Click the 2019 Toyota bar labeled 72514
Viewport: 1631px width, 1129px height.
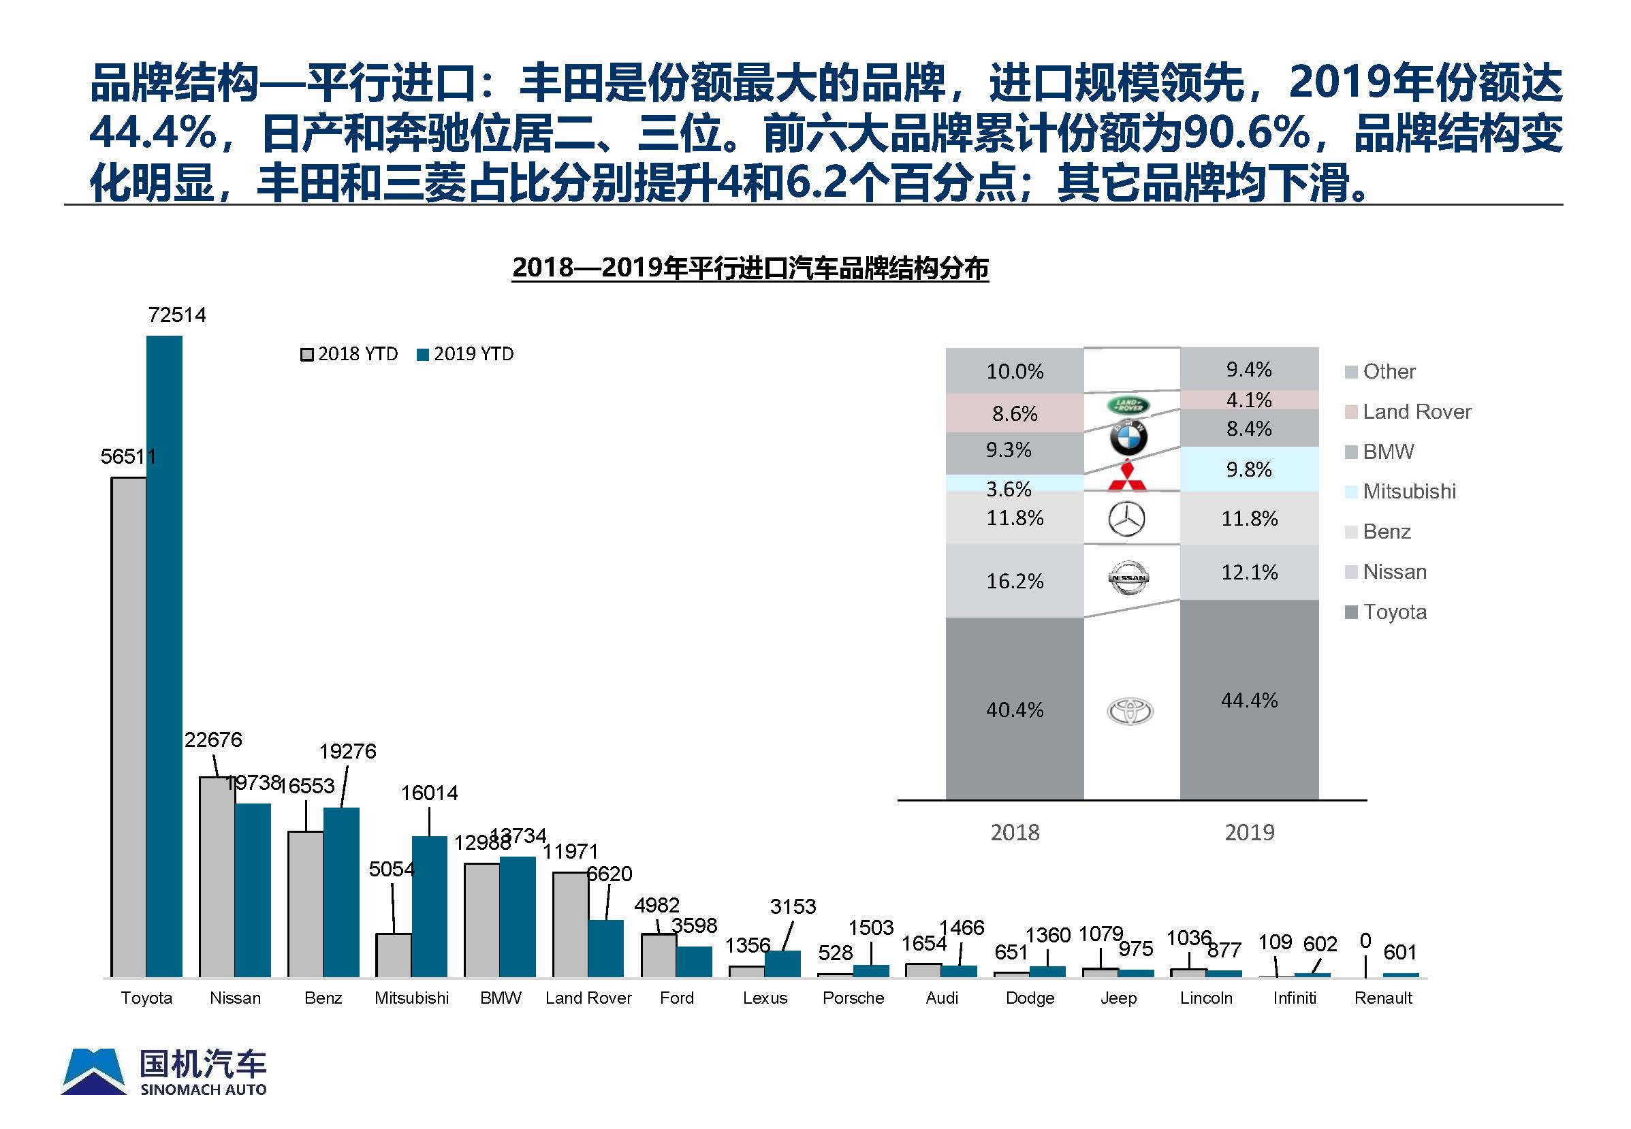tap(164, 656)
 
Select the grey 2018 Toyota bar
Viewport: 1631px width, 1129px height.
tap(129, 727)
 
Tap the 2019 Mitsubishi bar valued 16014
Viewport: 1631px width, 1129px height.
tap(429, 906)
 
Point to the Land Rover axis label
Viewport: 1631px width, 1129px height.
tap(588, 998)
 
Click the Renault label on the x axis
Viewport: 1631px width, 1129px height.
tap(1382, 998)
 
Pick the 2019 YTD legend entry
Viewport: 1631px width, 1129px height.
tap(465, 353)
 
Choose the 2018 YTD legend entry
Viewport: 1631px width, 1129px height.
tap(349, 353)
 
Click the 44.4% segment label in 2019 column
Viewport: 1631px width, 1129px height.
tap(1249, 700)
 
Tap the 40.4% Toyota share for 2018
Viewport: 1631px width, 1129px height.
tap(1014, 710)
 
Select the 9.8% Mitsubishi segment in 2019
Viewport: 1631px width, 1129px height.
tap(1249, 469)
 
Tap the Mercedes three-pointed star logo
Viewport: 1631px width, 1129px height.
tap(1126, 520)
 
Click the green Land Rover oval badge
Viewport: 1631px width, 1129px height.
tap(1128, 405)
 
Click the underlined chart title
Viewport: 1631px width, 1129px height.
tap(750, 268)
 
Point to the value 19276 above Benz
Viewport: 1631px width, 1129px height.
tap(347, 751)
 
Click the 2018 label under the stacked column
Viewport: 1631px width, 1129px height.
tap(1014, 832)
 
